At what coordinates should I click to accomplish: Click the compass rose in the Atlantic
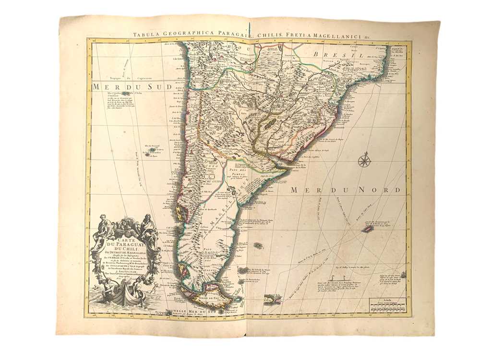[364, 159]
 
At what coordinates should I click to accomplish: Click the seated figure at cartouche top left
[104, 226]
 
